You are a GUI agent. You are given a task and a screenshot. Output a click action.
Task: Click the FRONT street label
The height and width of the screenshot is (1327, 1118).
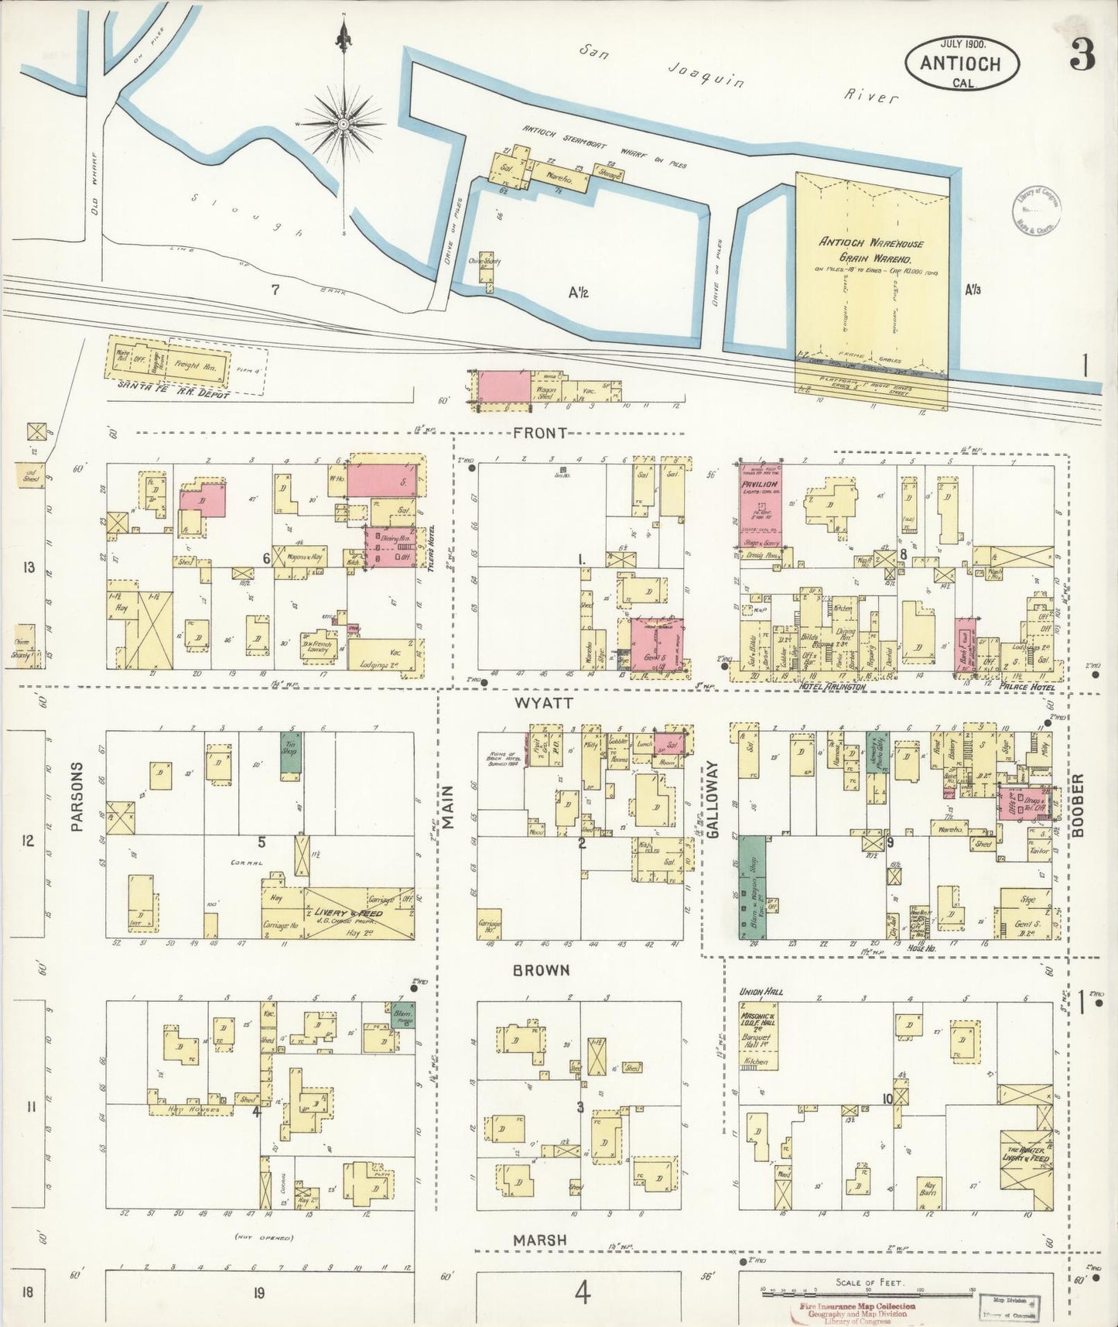pos(540,434)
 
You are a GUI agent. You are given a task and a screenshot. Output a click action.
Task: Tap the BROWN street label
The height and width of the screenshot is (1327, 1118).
pos(541,971)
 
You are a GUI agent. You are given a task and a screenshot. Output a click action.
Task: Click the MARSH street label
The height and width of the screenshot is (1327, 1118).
pos(539,1240)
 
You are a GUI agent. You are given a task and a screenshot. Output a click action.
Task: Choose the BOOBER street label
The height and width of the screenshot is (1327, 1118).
pos(1079,805)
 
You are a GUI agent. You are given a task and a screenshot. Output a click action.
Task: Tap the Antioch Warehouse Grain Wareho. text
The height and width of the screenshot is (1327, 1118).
pos(871,250)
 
